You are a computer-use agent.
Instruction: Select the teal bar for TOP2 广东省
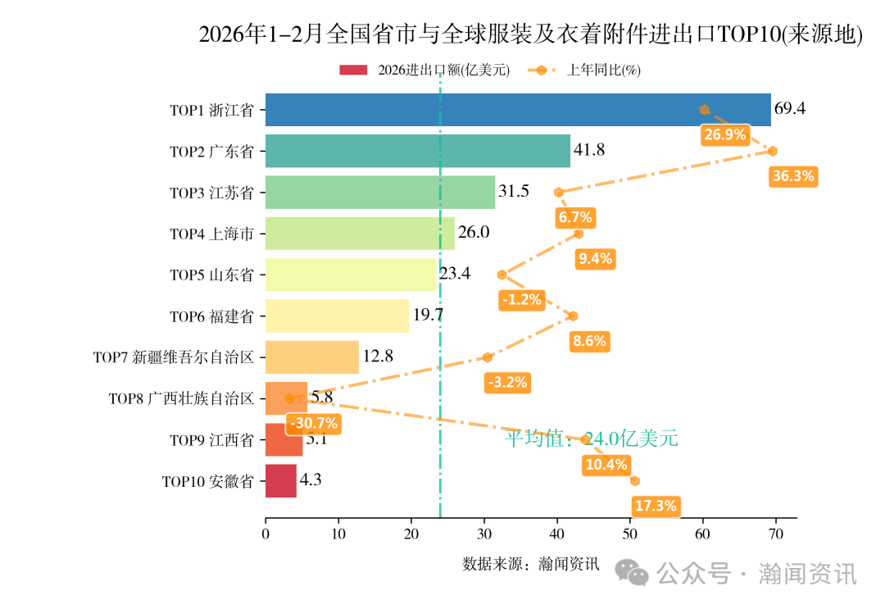417,151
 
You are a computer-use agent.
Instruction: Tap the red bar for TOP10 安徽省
280,481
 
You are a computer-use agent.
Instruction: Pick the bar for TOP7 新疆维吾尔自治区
311,357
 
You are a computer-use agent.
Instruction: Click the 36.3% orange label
793,176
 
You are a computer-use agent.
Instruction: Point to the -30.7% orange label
314,424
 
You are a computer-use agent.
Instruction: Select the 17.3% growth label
656,507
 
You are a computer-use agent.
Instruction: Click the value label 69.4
790,109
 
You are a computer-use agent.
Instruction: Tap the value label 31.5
514,192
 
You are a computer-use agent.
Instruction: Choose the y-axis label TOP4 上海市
211,234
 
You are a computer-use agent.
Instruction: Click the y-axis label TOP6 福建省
211,316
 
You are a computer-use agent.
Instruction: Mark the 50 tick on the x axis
630,534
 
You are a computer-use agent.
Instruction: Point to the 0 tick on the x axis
265,534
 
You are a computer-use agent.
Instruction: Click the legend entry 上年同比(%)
603,70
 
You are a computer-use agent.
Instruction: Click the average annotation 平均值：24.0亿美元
591,439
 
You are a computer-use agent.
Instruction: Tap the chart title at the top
530,34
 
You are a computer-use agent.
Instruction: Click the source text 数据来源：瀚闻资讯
530,564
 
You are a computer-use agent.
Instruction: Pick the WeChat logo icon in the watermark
633,573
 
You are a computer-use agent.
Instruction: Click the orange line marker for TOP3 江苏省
559,193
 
